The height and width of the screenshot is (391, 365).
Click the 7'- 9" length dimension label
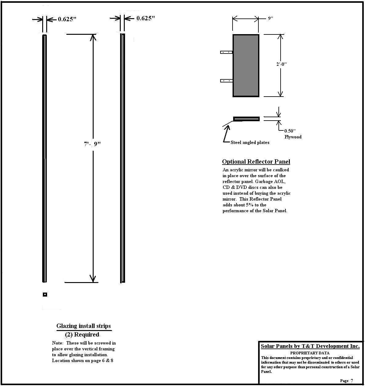pyautogui.click(x=92, y=144)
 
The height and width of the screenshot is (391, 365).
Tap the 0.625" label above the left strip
pyautogui.click(x=67, y=19)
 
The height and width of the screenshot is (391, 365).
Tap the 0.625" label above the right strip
pyautogui.click(x=145, y=18)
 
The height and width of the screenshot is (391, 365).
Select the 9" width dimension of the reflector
pyautogui.click(x=270, y=18)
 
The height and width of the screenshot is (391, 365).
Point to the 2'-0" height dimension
pyautogui.click(x=281, y=64)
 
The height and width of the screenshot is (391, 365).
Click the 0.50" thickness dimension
pyautogui.click(x=290, y=131)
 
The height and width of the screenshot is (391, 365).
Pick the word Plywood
pyautogui.click(x=293, y=137)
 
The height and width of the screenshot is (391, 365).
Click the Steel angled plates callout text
pyautogui.click(x=250, y=142)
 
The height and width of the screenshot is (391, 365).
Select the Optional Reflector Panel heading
pyautogui.click(x=256, y=162)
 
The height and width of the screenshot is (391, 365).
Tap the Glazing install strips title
pyautogui.click(x=83, y=326)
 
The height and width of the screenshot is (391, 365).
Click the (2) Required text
pyautogui.click(x=82, y=335)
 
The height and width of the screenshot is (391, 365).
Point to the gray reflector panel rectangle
pyautogui.click(x=246, y=66)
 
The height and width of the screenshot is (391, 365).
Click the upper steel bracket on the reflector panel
pyautogui.click(x=226, y=52)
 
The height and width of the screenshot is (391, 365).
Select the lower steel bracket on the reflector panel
pyautogui.click(x=226, y=81)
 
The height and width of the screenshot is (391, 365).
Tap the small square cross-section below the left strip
pyautogui.click(x=45, y=294)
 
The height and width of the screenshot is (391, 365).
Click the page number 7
pyautogui.click(x=352, y=381)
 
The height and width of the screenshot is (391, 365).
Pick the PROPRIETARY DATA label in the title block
pyautogui.click(x=310, y=353)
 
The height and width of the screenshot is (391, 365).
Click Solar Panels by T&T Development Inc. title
pyautogui.click(x=310, y=346)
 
